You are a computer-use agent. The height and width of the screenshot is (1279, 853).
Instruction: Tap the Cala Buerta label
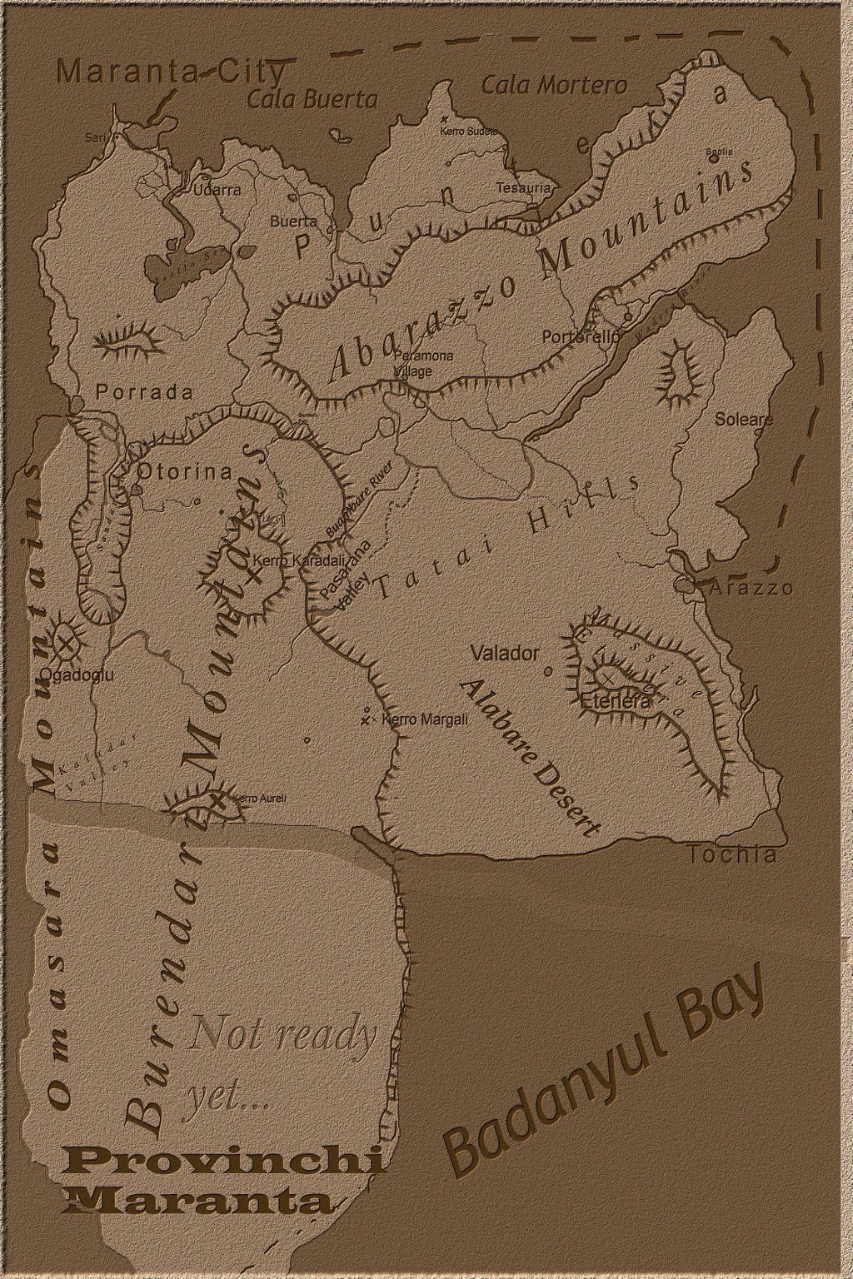click(312, 100)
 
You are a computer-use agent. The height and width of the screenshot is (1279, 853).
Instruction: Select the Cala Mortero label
click(554, 85)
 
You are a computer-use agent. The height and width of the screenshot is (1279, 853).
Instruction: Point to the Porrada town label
click(144, 392)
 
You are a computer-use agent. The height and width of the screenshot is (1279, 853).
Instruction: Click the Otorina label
click(184, 472)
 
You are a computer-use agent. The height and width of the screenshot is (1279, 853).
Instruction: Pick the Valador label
click(505, 654)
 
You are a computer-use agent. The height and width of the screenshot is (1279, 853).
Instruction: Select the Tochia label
click(733, 855)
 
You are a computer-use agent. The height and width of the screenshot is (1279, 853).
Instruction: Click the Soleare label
click(744, 419)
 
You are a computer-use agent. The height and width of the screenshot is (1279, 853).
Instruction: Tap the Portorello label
click(581, 337)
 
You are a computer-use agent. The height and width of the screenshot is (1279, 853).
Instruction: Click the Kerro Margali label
click(424, 719)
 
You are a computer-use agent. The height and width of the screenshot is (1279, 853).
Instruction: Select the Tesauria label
click(524, 188)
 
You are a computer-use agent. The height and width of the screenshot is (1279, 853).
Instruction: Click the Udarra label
click(217, 190)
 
